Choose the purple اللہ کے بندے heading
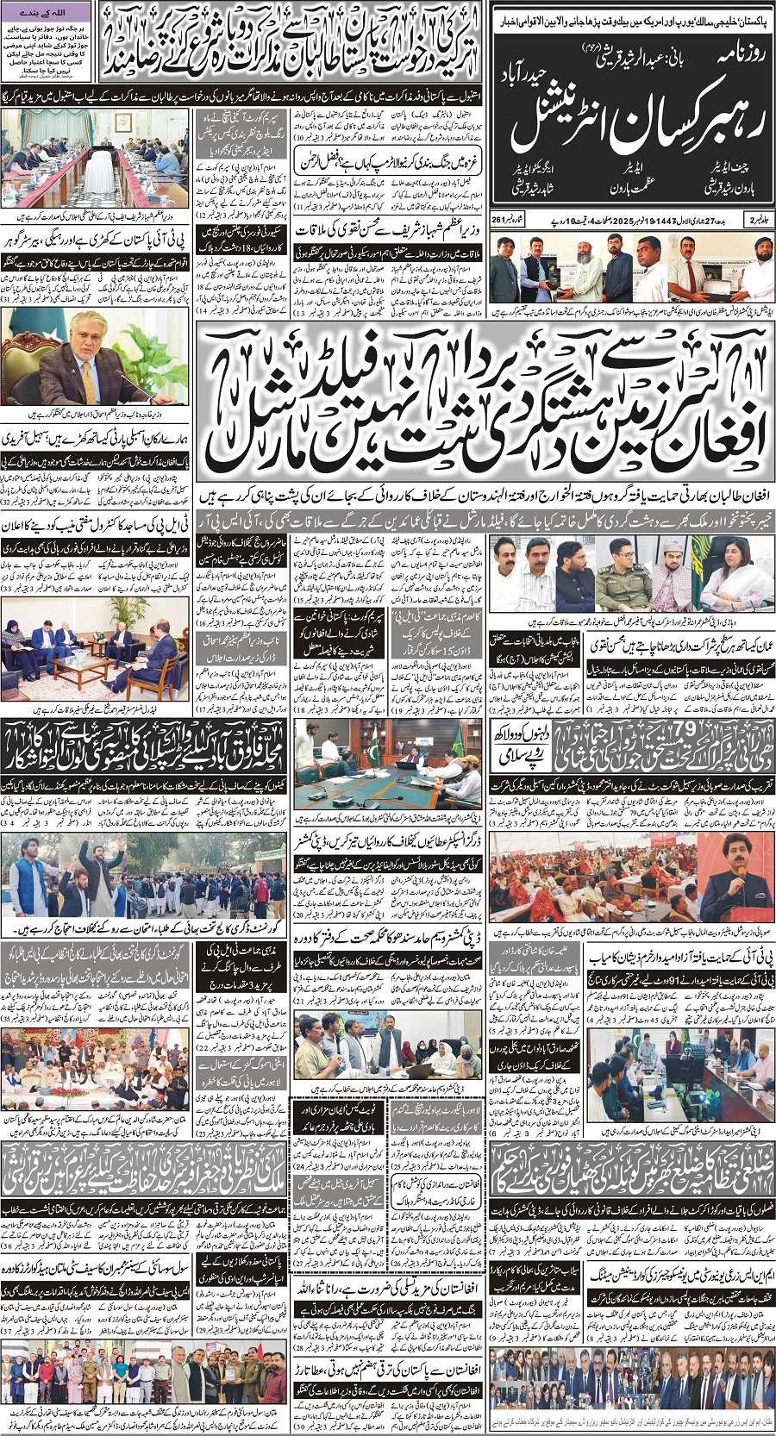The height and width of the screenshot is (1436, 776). pos(47,13)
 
